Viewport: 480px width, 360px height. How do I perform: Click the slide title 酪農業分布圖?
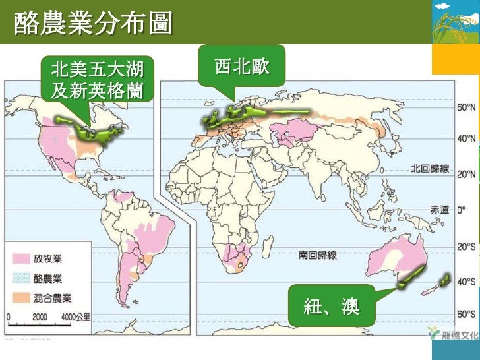92,24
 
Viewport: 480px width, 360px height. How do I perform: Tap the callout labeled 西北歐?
241,66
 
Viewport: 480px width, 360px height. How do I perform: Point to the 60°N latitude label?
465,107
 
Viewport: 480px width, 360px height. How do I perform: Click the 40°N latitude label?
465,139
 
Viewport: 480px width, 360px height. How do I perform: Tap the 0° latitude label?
462,210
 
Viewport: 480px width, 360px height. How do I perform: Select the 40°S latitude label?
465,282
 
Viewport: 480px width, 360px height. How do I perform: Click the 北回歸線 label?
429,169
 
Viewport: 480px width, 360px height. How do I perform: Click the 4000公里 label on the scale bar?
75,316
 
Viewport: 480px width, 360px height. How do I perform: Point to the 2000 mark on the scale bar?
40,316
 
